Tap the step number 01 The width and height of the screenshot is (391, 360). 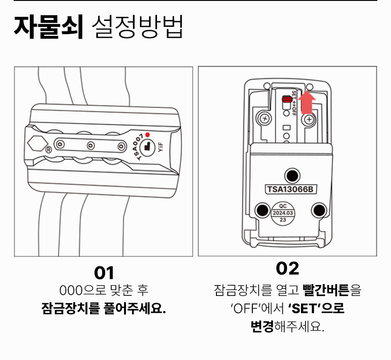tap(104, 273)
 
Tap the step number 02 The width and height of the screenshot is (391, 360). tap(287, 268)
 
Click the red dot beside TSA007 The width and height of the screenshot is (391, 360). tap(147, 135)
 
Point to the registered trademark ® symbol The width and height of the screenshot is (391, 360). tap(48, 149)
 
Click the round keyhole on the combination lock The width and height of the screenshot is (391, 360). tap(146, 146)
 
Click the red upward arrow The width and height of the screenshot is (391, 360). tap(308, 102)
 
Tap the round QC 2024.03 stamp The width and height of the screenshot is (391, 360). tap(283, 212)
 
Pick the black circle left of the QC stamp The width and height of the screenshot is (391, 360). tap(262, 209)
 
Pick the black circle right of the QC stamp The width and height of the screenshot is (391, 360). tap(320, 209)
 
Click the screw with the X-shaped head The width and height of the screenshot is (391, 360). tap(263, 120)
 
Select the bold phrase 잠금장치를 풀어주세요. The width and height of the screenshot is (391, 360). tap(104, 309)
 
